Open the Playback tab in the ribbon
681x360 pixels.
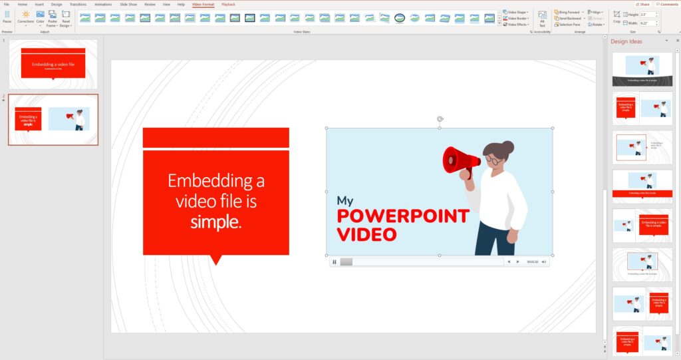[x=228, y=4]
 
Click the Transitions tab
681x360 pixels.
[x=78, y=4]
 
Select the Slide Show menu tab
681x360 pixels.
[x=128, y=4]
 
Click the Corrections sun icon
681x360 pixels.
[x=25, y=14]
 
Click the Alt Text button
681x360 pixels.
[x=542, y=18]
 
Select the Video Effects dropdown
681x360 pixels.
[x=515, y=25]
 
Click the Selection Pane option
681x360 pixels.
[x=569, y=25]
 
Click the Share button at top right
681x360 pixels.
[x=642, y=4]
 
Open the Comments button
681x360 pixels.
[x=666, y=4]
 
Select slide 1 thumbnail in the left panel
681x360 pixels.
[x=53, y=64]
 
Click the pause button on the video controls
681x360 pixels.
[x=335, y=262]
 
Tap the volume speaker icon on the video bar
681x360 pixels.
[x=544, y=262]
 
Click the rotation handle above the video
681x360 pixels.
[x=440, y=119]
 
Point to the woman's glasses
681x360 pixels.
[x=493, y=160]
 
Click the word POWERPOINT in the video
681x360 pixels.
[x=402, y=216]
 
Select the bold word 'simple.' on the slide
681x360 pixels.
[x=215, y=222]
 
